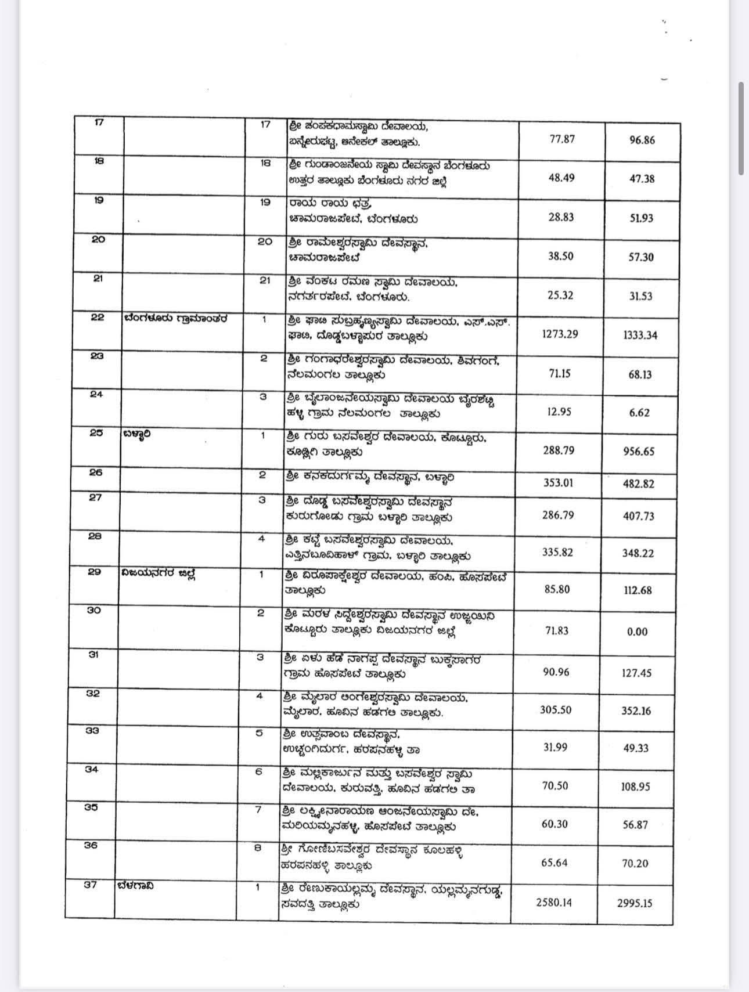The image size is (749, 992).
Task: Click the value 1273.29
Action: (560, 334)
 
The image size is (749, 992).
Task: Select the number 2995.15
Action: (635, 903)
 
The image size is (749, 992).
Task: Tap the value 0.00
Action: (637, 632)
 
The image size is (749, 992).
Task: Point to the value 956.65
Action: (639, 452)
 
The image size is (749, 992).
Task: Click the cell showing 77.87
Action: (561, 139)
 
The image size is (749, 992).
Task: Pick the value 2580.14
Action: (553, 902)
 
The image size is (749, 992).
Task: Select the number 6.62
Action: (639, 413)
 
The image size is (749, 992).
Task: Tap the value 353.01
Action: (558, 483)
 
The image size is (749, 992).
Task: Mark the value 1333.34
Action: (640, 335)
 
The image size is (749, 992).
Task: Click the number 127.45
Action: (637, 673)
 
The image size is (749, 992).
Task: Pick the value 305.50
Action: (556, 710)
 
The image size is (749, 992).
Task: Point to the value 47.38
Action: (642, 179)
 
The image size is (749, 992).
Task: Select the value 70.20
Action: (635, 863)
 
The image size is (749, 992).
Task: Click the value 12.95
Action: (559, 412)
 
